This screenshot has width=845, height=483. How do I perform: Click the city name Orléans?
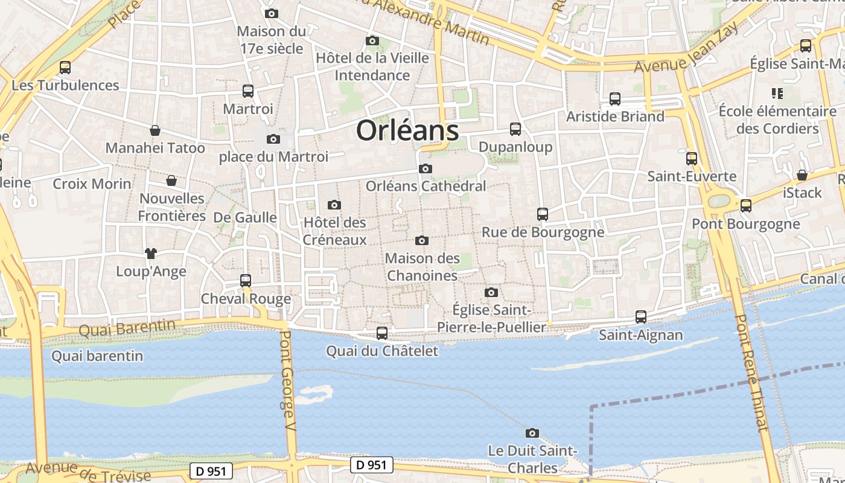click(407, 130)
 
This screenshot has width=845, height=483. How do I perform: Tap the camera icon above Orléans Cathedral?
click(426, 169)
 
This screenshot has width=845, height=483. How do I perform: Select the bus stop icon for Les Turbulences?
click(65, 68)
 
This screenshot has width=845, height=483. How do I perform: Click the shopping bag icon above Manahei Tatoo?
click(155, 130)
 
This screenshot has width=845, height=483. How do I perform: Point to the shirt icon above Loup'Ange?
click(150, 254)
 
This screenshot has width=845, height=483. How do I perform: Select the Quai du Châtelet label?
click(382, 351)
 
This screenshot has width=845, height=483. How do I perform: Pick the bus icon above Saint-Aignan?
click(641, 317)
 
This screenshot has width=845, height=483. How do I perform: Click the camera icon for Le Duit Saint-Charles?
click(532, 433)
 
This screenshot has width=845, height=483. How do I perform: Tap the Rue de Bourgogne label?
click(543, 232)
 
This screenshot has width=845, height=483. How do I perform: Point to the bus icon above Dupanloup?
click(515, 129)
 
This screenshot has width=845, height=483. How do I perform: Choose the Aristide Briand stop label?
click(615, 117)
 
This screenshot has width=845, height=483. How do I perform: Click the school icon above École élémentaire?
click(777, 94)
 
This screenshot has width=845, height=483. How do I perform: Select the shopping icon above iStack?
click(802, 176)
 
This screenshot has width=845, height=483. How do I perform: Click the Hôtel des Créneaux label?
click(334, 231)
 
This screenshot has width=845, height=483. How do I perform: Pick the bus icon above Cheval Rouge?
click(246, 281)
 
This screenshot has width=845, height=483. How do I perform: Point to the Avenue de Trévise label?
click(88, 472)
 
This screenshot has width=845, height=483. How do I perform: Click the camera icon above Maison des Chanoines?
click(422, 241)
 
